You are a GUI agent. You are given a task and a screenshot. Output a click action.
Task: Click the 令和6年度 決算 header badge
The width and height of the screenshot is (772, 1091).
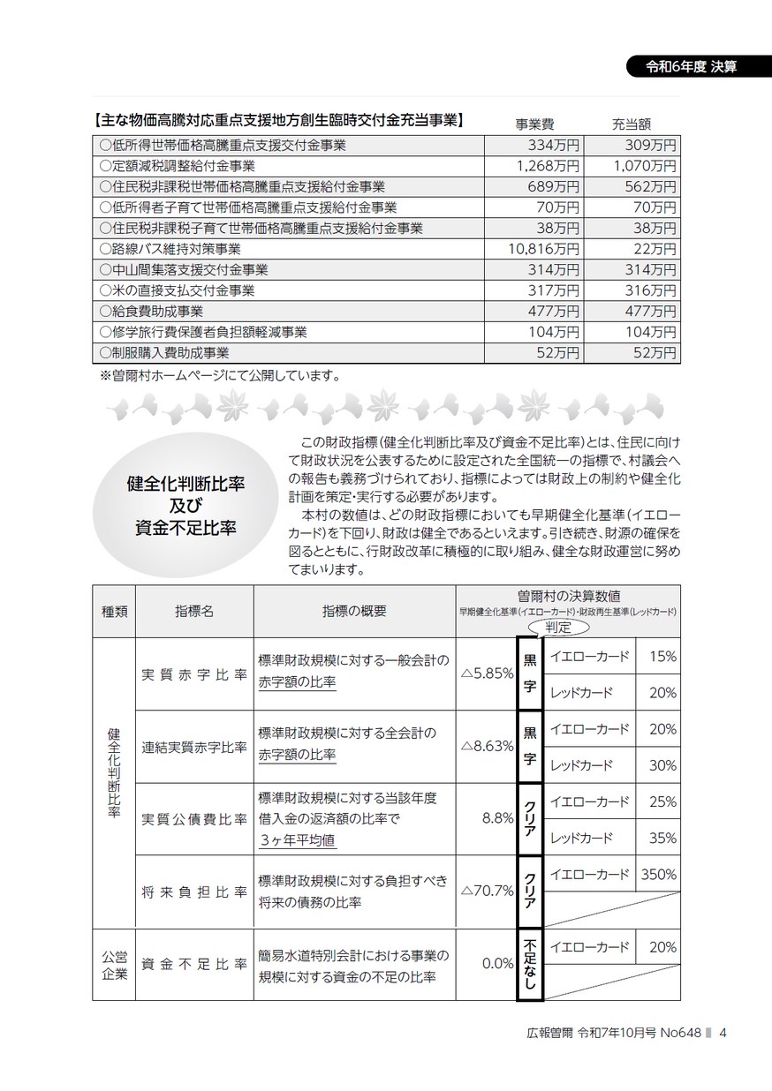(693, 67)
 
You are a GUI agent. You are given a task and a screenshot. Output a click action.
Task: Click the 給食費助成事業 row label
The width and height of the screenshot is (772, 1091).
(151, 311)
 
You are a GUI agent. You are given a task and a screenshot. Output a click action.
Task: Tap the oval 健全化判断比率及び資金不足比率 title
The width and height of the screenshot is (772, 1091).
(185, 506)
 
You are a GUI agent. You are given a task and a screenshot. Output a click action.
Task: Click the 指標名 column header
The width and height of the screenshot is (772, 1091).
(194, 610)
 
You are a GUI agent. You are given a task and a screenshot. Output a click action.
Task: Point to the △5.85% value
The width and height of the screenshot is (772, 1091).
(487, 673)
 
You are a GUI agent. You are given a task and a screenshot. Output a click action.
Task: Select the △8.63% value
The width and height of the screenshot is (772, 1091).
(487, 745)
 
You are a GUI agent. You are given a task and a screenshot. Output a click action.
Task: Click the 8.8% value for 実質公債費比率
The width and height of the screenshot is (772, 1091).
(497, 818)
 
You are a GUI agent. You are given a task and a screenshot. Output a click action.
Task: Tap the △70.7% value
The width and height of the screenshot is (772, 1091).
(487, 891)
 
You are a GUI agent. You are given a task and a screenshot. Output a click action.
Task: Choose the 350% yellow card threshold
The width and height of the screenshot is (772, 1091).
(658, 874)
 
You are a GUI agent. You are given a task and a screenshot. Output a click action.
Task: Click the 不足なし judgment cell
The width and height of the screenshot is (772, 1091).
(529, 964)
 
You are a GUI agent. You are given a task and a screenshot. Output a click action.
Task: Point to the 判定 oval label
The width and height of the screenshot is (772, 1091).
(559, 628)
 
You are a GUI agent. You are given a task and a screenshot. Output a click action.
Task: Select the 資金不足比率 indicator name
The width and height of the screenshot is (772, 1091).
(194, 964)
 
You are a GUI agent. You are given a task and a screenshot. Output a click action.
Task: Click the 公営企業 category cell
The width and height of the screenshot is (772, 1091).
(114, 964)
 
